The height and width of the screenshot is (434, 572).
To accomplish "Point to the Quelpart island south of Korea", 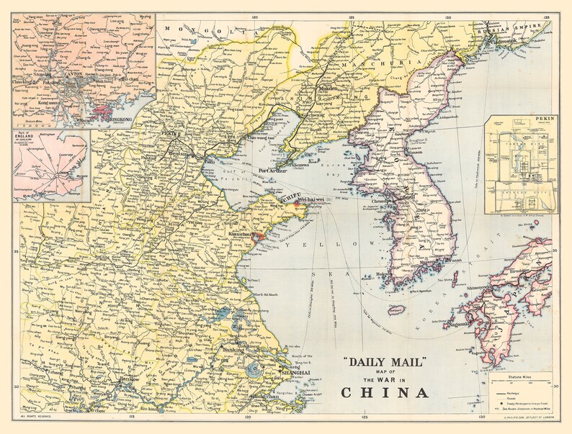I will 394,311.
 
